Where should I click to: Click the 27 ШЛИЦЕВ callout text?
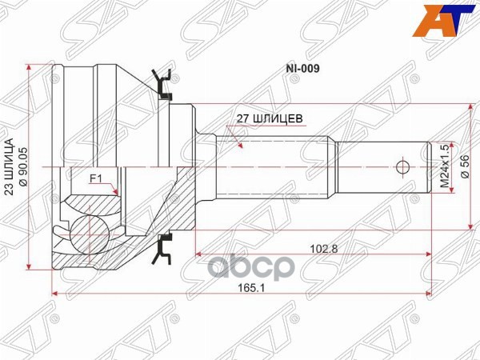point(268,118)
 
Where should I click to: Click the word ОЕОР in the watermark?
point(284,268)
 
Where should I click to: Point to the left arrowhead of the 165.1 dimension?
point(54,295)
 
